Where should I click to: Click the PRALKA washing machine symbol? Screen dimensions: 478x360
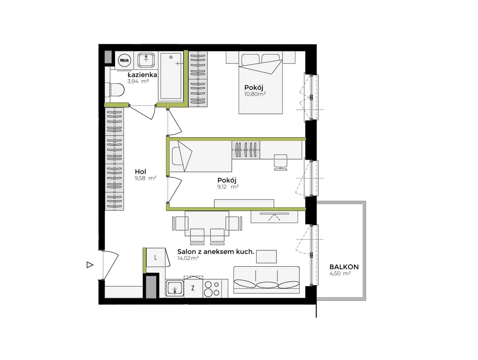tap(124, 60)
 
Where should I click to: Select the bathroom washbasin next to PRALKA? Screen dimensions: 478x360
tap(146, 60)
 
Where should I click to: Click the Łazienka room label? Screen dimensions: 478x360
tap(142, 75)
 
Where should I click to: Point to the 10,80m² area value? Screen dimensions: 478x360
tap(255, 94)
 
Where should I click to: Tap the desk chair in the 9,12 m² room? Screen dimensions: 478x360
tap(280, 162)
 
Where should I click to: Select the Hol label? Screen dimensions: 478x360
tap(140, 171)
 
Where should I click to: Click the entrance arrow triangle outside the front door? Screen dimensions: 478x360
tap(90, 265)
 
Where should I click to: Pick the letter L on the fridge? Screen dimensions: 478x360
tap(155, 258)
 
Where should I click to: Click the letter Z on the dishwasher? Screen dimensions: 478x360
tap(193, 288)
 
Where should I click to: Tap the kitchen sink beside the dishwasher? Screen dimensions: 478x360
tap(175, 288)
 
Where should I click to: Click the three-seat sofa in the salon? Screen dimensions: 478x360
tap(266, 280)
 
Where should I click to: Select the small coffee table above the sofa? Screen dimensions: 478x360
tap(266, 256)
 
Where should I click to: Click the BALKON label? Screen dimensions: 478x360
tap(344, 267)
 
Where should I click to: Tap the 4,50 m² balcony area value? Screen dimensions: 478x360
tap(340, 273)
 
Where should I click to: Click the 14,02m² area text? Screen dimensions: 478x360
tap(188, 258)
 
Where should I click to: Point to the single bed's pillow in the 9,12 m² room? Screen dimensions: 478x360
tap(178, 156)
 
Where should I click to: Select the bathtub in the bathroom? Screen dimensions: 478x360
tap(171, 77)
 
